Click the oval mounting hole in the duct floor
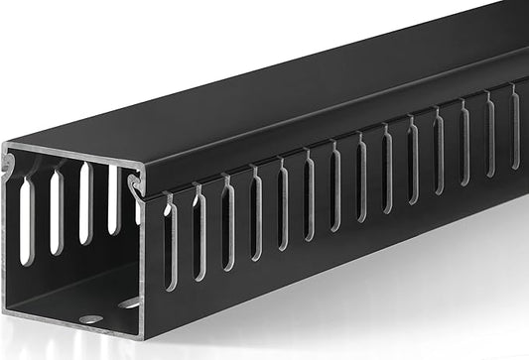pos(90,319)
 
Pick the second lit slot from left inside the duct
pos(57,210)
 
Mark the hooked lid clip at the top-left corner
pos(9,163)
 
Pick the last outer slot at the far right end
pos(515,125)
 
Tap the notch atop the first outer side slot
pos(167,199)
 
